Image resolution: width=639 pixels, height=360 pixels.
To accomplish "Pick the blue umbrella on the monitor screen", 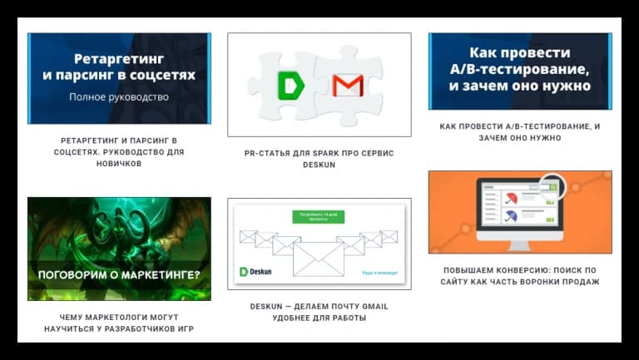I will tap(511, 216).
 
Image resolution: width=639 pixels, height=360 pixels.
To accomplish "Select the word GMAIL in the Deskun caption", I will tap(370, 306).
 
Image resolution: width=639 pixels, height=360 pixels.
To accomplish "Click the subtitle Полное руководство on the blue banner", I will tap(119, 96).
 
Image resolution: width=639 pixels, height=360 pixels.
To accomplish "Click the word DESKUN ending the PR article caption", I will tap(319, 165).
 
